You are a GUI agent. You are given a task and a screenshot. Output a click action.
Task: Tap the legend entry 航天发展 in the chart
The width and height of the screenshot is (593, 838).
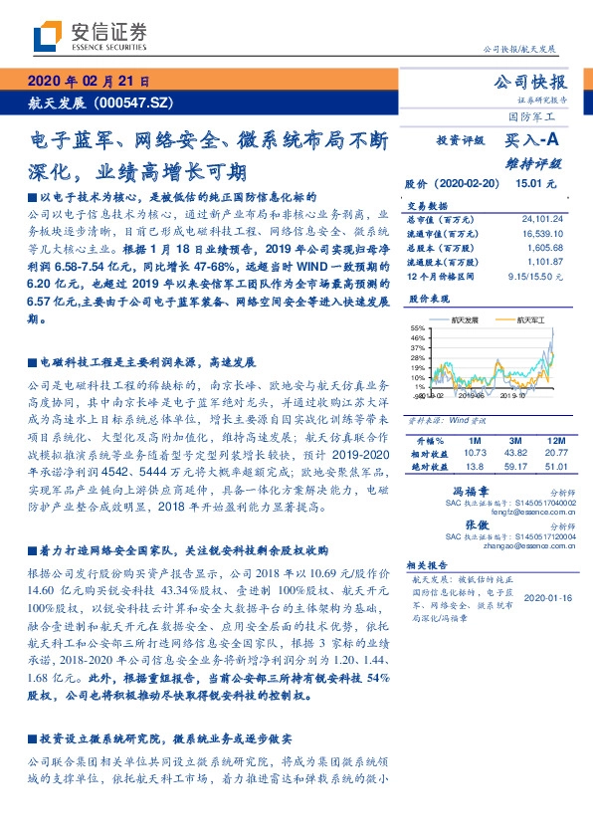[x=464, y=320]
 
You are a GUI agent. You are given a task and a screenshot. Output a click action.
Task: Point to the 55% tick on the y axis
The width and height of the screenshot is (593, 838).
[x=417, y=327]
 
